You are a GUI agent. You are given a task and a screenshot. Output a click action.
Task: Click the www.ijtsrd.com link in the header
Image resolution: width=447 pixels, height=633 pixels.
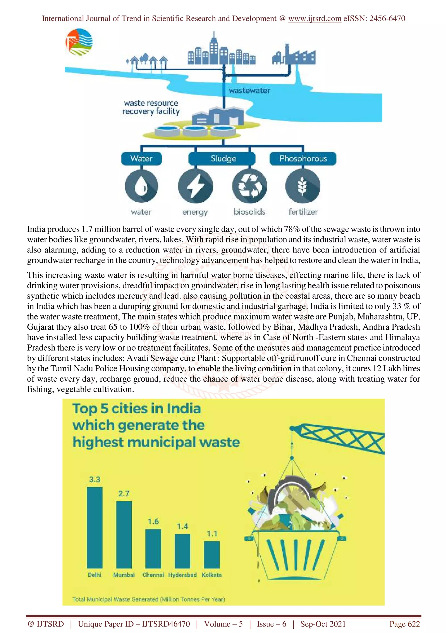(x=315, y=19)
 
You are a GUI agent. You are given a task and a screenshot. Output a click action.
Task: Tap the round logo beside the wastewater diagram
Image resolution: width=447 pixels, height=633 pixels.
(x=79, y=42)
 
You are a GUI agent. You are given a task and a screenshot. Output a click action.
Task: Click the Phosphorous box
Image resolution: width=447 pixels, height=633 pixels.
(x=303, y=159)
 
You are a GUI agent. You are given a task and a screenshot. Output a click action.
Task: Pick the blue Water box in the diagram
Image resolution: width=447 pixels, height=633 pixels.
(x=141, y=159)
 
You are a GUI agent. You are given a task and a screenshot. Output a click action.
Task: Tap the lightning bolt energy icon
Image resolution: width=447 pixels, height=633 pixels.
(x=195, y=186)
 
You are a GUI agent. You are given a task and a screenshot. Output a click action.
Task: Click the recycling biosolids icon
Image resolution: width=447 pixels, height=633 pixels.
(x=249, y=186)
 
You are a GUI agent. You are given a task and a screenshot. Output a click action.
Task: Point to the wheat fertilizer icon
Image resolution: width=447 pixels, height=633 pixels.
(x=303, y=186)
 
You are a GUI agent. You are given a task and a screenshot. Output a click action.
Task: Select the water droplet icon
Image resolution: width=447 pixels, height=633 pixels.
(x=141, y=186)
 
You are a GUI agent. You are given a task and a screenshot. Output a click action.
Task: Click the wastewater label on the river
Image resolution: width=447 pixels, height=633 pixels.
(x=249, y=90)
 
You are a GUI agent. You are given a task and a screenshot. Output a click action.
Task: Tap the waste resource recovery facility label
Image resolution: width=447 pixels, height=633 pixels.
(x=151, y=107)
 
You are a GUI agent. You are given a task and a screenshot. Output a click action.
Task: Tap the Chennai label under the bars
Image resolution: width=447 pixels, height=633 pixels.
(x=153, y=575)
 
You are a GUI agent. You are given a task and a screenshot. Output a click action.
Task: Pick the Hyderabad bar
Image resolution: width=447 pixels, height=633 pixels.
(x=182, y=551)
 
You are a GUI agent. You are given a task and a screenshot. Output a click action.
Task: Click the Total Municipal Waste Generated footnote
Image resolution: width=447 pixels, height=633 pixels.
(x=148, y=599)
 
